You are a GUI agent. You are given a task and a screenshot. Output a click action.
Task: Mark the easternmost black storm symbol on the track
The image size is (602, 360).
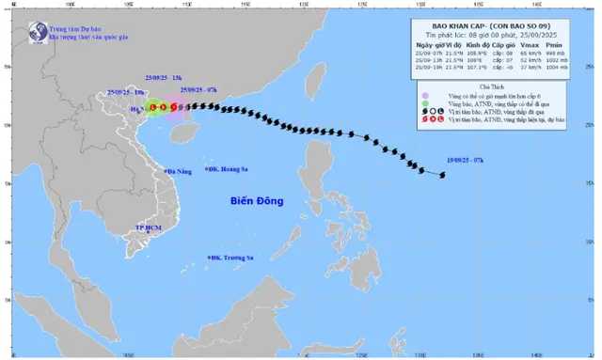443,174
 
